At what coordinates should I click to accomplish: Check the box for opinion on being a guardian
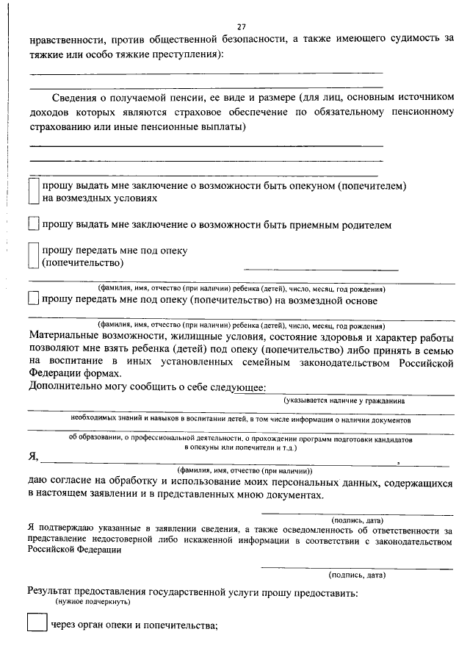pyautogui.click(x=32, y=193)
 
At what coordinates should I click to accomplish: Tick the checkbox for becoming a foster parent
pyautogui.click(x=32, y=224)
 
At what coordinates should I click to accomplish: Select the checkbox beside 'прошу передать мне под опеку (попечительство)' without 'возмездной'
pyautogui.click(x=32, y=256)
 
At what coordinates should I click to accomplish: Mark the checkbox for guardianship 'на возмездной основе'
pyautogui.click(x=32, y=300)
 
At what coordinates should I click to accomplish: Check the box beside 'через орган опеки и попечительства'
pyautogui.click(x=36, y=625)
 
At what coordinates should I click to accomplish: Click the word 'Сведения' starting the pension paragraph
pyautogui.click(x=74, y=98)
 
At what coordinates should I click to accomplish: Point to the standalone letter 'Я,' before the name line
pyautogui.click(x=33, y=457)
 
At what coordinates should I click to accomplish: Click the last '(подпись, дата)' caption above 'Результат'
pyautogui.click(x=356, y=575)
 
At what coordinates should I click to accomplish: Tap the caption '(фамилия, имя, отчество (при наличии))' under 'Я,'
pyautogui.click(x=245, y=470)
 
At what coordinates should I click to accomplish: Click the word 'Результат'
pyautogui.click(x=54, y=591)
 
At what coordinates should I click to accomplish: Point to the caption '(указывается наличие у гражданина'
pyautogui.click(x=344, y=400)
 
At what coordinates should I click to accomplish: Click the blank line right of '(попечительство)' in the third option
pyautogui.click(x=320, y=269)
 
